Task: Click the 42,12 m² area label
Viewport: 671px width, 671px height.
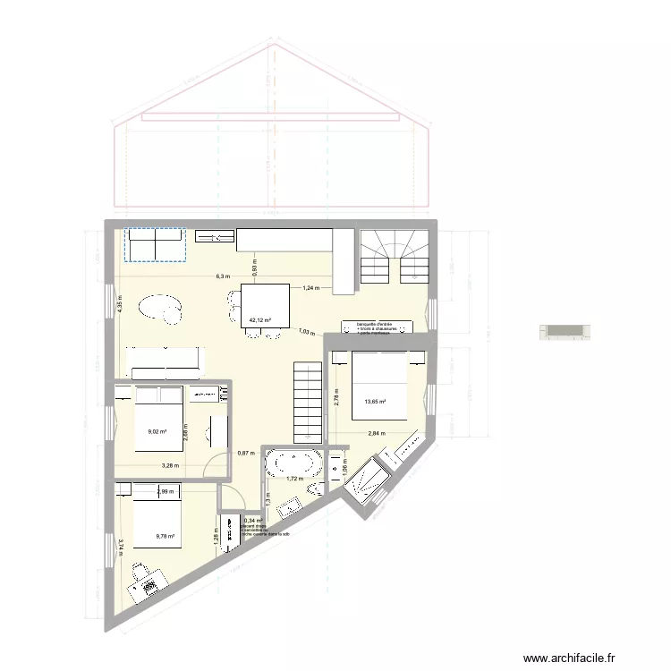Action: (x=260, y=319)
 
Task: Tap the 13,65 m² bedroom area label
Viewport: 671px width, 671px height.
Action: (x=375, y=402)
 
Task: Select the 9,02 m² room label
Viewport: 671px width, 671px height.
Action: (x=157, y=430)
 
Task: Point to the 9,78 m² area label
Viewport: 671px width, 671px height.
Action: (x=165, y=537)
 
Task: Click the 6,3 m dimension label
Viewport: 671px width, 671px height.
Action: (x=222, y=276)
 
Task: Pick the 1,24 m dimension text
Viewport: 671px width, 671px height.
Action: (x=310, y=287)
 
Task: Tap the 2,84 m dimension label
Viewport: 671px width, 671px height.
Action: (x=376, y=434)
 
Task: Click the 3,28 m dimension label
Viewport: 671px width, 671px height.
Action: (x=170, y=465)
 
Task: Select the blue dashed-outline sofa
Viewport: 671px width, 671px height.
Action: (x=153, y=244)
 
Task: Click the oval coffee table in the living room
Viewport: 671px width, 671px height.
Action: (x=159, y=308)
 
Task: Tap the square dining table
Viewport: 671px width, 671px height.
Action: (x=265, y=305)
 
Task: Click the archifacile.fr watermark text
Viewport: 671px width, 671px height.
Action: (x=572, y=657)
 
